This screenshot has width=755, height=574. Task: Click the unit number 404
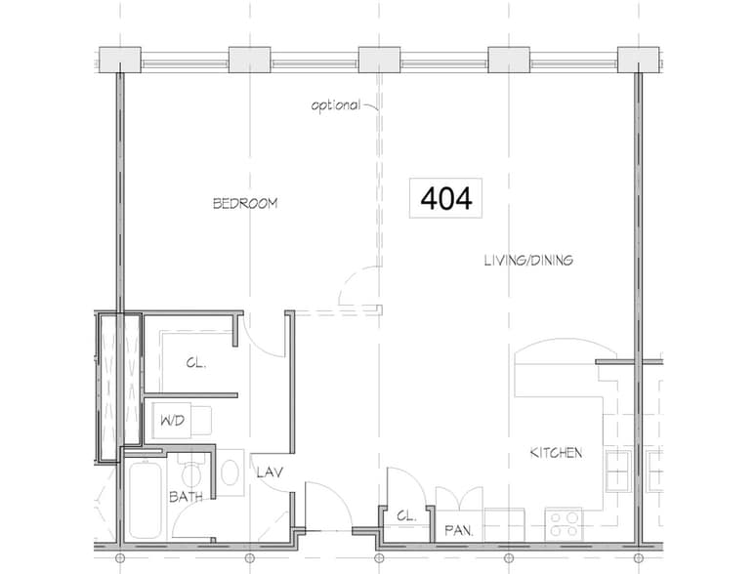[446, 198]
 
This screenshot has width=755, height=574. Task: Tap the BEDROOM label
[245, 204]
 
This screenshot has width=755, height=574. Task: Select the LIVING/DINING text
[527, 261]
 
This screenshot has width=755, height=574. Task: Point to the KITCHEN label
[556, 453]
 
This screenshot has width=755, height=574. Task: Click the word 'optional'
[335, 105]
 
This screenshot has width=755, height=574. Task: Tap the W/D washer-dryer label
[169, 421]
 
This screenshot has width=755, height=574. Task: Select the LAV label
[269, 472]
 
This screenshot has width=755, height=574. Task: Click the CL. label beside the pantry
[406, 515]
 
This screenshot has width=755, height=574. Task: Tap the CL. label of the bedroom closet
[194, 362]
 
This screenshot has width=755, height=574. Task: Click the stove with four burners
[564, 523]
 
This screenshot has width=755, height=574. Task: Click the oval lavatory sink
[231, 472]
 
